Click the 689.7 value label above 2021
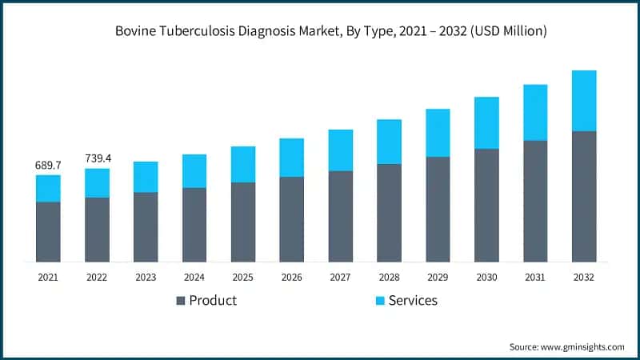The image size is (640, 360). (x=48, y=165)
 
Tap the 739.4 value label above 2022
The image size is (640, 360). (x=97, y=158)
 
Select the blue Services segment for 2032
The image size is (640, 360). (x=584, y=101)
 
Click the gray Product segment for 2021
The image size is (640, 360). (x=48, y=232)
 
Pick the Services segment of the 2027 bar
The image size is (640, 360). (x=341, y=150)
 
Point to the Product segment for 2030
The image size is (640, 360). (x=486, y=205)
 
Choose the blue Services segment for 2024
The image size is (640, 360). (x=194, y=171)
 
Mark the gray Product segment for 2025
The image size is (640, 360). (x=243, y=222)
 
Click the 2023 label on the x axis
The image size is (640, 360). (x=146, y=277)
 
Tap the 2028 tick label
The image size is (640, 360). (x=389, y=277)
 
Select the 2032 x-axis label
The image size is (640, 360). (x=584, y=277)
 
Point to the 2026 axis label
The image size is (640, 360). (x=292, y=277)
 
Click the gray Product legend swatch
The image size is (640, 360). (x=181, y=301)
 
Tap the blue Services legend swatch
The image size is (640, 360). (x=380, y=301)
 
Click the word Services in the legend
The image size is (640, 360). (x=413, y=301)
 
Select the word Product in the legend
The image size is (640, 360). (x=213, y=301)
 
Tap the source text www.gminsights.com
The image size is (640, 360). (x=585, y=346)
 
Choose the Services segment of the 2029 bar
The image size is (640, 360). (x=438, y=133)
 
